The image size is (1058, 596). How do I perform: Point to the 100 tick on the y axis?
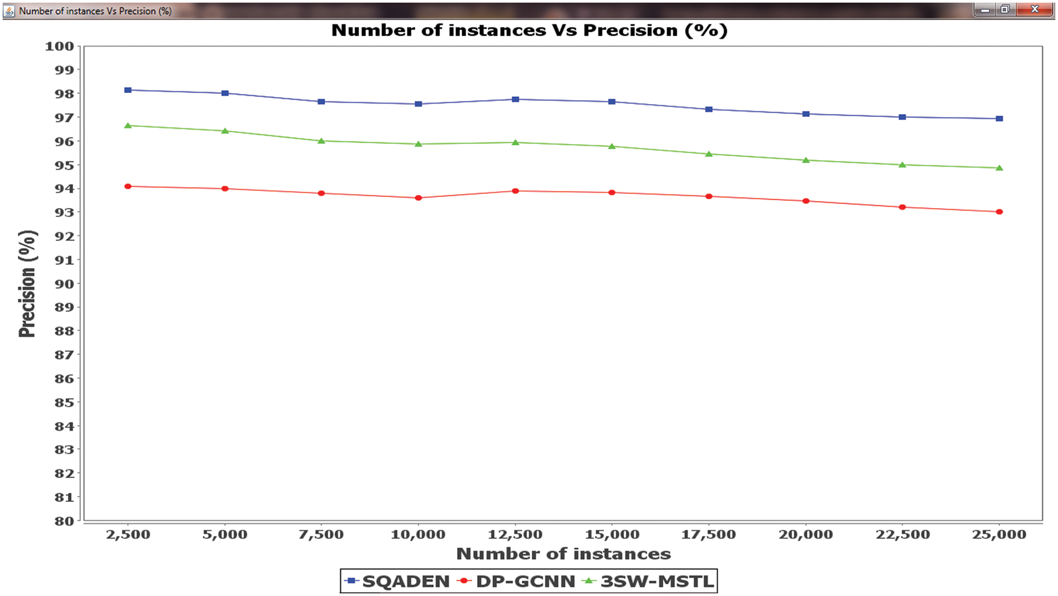(x=60, y=46)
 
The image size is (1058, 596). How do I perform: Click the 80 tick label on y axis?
(x=63, y=521)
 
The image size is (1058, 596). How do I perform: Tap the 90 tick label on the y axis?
(x=63, y=284)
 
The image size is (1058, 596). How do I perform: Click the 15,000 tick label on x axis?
(x=611, y=534)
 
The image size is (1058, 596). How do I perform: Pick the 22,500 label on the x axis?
(x=902, y=534)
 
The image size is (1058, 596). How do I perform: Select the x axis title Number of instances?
(x=563, y=554)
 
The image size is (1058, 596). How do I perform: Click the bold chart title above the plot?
(x=529, y=30)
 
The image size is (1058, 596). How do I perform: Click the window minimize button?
(x=984, y=9)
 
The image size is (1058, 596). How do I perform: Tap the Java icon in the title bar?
(x=9, y=11)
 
